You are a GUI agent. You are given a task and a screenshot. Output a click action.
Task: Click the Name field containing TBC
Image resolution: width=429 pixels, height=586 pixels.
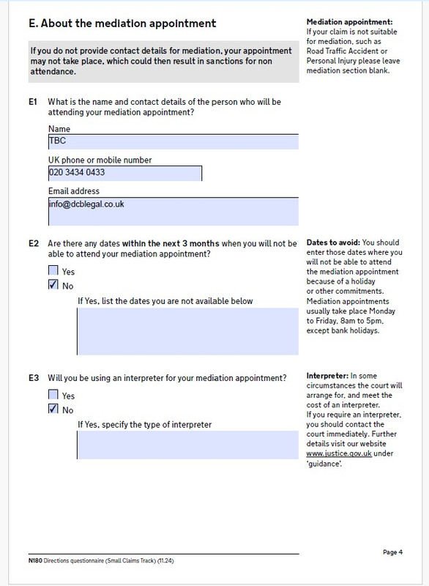coord(173,142)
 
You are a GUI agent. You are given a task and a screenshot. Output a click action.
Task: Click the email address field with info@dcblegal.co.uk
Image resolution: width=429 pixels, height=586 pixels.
coord(173,212)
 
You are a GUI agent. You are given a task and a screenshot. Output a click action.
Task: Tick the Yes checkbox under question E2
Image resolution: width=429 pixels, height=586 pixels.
coord(53,272)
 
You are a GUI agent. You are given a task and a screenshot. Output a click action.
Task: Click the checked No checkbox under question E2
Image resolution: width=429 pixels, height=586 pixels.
coord(53,285)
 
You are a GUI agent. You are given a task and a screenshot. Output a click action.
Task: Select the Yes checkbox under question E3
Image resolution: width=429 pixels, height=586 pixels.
coord(53,395)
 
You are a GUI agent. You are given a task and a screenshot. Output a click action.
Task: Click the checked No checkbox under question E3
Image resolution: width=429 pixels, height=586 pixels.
coord(53,409)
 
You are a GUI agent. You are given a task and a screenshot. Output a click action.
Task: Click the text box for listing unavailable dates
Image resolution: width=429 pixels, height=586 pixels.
coord(187,332)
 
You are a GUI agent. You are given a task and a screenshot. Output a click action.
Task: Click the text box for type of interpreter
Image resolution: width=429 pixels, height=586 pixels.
coord(187,445)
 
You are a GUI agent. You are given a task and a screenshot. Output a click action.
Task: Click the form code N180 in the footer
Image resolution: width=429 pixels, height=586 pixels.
coord(26,560)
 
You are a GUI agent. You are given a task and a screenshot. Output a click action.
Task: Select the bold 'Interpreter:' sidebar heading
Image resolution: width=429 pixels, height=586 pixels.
coord(327,376)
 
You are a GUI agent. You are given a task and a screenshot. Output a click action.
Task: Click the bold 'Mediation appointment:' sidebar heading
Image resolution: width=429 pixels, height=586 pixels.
coord(349,23)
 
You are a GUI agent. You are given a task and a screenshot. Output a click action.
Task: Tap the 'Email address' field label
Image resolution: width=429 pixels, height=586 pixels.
coord(73,191)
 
